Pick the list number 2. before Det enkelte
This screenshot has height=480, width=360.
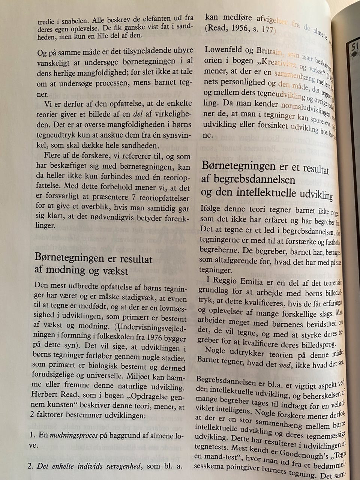(x=30, y=467)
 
